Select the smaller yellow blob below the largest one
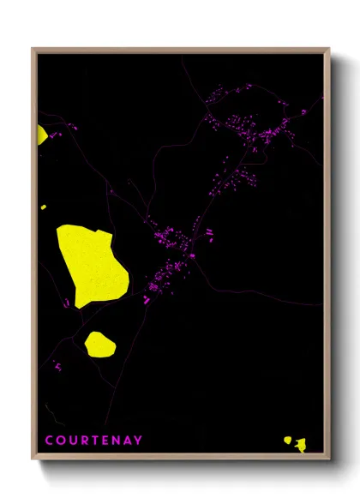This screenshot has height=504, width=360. [x=99, y=344]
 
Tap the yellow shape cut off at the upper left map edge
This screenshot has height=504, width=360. [x=41, y=135]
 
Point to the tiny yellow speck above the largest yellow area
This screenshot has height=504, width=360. [x=44, y=207]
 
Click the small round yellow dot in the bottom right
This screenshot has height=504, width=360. [x=288, y=441]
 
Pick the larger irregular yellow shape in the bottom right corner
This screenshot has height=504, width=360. [x=300, y=444]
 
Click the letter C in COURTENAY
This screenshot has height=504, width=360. [x=49, y=441]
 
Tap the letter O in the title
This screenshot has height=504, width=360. [x=61, y=441]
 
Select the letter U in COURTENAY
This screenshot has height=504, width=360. [x=74, y=441]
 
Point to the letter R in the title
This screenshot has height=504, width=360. [x=86, y=441]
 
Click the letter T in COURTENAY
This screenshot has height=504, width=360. [x=97, y=441]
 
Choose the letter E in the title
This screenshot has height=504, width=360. [x=107, y=441]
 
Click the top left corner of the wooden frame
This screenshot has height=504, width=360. [x=33, y=48]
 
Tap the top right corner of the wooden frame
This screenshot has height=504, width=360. [x=329, y=48]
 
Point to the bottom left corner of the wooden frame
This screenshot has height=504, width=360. [x=33, y=459]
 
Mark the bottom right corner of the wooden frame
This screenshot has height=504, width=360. [x=329, y=459]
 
